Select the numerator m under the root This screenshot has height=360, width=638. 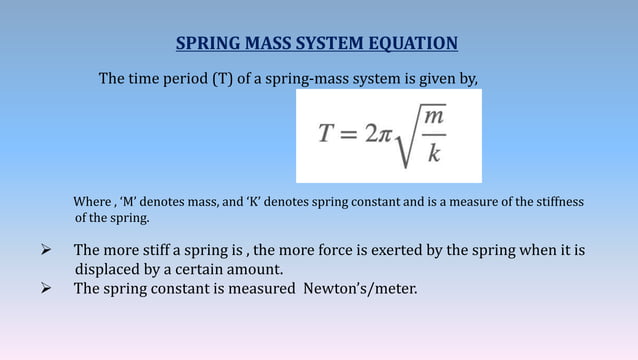point(434,118)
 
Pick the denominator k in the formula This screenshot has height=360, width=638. point(434,153)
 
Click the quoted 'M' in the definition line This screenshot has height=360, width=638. point(132,202)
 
